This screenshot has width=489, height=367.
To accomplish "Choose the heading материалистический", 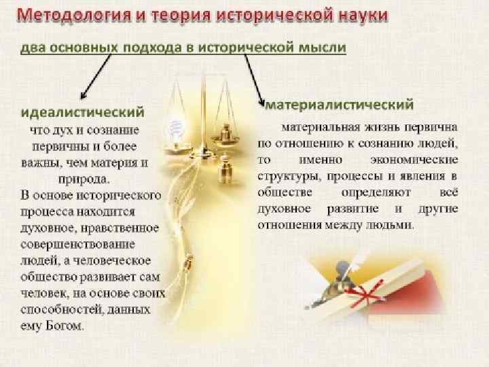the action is [x=339, y=105].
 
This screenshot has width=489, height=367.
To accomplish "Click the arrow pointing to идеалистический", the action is [x=95, y=77].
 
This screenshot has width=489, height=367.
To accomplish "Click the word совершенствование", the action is [x=76, y=243].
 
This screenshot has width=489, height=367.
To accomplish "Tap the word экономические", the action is [x=420, y=159].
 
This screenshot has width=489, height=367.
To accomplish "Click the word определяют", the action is [x=371, y=192].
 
